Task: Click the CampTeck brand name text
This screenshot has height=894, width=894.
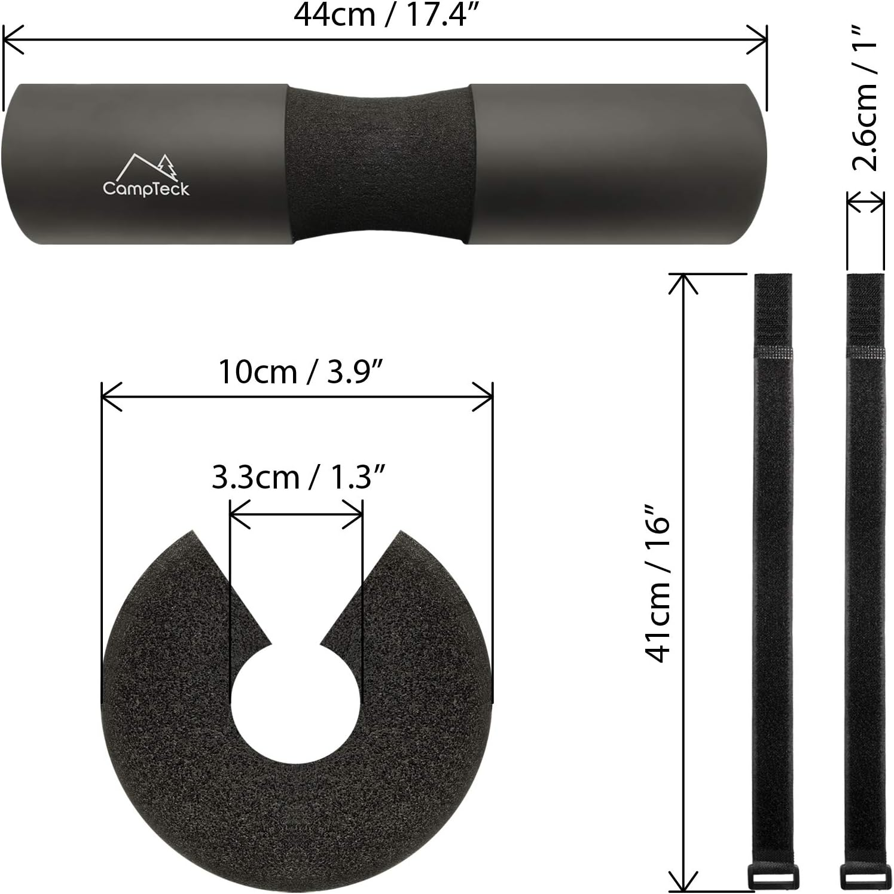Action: (x=146, y=189)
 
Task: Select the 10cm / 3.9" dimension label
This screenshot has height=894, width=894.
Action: (x=300, y=372)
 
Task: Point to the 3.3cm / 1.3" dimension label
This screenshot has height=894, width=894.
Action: (x=297, y=478)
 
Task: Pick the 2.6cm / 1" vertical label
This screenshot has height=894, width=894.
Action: (x=865, y=99)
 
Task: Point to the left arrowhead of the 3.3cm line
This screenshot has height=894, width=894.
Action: (x=238, y=514)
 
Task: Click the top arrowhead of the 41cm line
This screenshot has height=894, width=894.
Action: (x=683, y=282)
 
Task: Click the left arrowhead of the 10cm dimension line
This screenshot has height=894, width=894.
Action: (x=110, y=396)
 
